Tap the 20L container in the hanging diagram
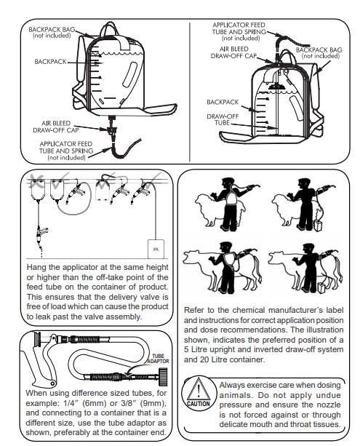pos(156,249)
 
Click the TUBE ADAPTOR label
pos(158,359)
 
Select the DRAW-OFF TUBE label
pos(223,119)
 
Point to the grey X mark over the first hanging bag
pos(36,181)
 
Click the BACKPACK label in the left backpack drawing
pos(50,62)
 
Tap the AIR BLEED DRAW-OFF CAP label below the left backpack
pos(56,127)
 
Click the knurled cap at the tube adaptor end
pos(163,376)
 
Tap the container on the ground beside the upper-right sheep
pos(317,226)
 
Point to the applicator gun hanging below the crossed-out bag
pos(41,235)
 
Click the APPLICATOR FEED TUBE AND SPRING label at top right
pos(239,31)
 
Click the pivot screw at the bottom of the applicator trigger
pos(52,383)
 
